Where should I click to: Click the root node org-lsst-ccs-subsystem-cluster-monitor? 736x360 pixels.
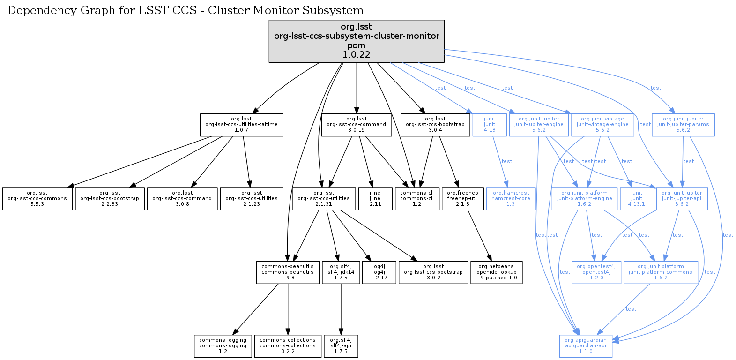[357, 41]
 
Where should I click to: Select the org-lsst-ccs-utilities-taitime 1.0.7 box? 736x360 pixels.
[241, 125]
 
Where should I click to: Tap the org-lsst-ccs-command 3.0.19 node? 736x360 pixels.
[357, 125]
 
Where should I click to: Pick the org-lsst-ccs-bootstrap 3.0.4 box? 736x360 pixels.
[435, 125]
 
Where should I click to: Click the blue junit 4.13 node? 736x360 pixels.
[490, 125]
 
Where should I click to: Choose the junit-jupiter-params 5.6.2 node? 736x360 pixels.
[683, 125]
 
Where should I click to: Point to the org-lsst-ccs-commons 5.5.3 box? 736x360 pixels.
[37, 199]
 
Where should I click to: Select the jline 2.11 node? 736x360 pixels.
[375, 199]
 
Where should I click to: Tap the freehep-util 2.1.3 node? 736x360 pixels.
[462, 199]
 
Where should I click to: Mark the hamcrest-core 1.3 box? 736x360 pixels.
[510, 199]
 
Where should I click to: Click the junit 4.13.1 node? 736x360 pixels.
[637, 199]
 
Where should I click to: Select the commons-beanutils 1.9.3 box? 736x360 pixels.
[288, 272]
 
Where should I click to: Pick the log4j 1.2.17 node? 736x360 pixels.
[379, 272]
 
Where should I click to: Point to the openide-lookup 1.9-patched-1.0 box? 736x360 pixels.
[496, 272]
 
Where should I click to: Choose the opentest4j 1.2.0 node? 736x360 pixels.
[596, 272]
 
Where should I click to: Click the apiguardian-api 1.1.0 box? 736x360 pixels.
[586, 346]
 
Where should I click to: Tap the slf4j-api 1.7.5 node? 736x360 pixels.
[341, 346]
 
